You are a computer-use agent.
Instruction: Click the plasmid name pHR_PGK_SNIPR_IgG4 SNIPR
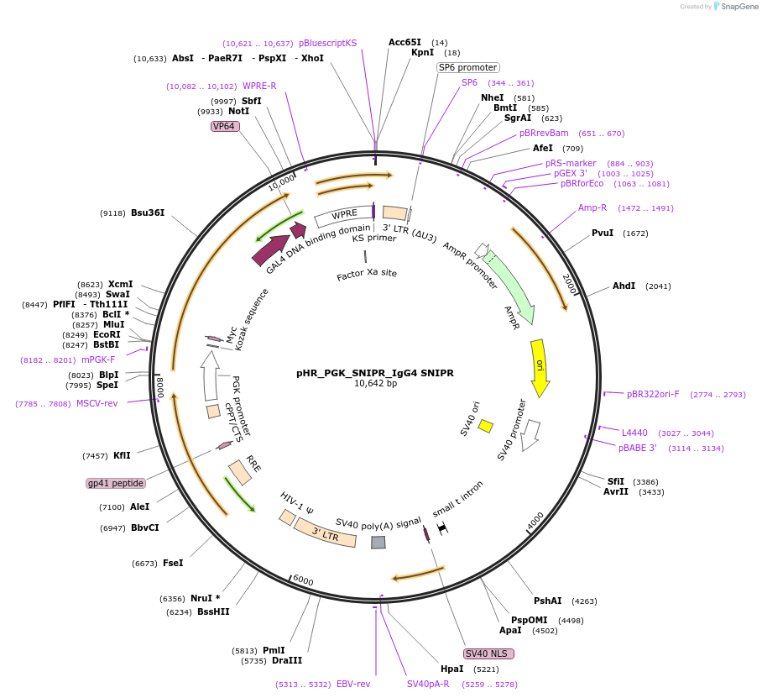[374, 373]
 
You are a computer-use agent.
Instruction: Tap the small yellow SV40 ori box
[485, 426]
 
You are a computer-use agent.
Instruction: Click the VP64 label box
[225, 126]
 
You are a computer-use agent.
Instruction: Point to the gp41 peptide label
[116, 483]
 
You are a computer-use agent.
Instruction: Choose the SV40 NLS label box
[488, 653]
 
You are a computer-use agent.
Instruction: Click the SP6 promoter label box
[468, 67]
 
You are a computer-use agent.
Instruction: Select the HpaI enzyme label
[451, 669]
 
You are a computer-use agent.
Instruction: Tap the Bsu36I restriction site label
[148, 213]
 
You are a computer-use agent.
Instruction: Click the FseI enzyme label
[173, 563]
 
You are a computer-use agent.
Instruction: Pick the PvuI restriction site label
[603, 233]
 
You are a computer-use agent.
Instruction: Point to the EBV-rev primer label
[353, 684]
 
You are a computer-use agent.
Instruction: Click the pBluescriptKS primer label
[327, 43]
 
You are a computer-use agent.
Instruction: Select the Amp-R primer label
[592, 207]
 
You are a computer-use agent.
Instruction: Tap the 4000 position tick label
[535, 521]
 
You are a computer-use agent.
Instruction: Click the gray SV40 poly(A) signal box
[378, 543]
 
